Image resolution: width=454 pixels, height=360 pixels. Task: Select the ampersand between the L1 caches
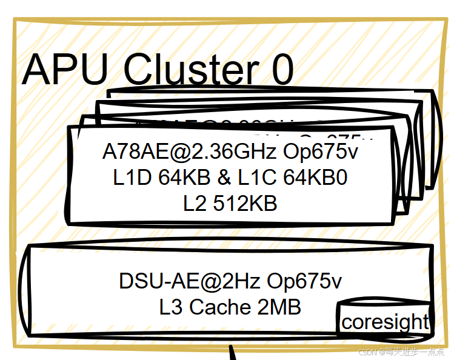tap(224, 178)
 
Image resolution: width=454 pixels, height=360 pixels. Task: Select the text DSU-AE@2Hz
tap(190, 281)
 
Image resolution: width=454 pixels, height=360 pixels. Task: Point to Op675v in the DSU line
tap(305, 281)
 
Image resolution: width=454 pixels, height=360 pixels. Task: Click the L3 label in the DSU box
tap(172, 307)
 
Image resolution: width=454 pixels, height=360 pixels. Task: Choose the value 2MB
tap(279, 307)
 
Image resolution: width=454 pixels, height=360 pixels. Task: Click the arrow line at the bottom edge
tap(233, 353)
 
